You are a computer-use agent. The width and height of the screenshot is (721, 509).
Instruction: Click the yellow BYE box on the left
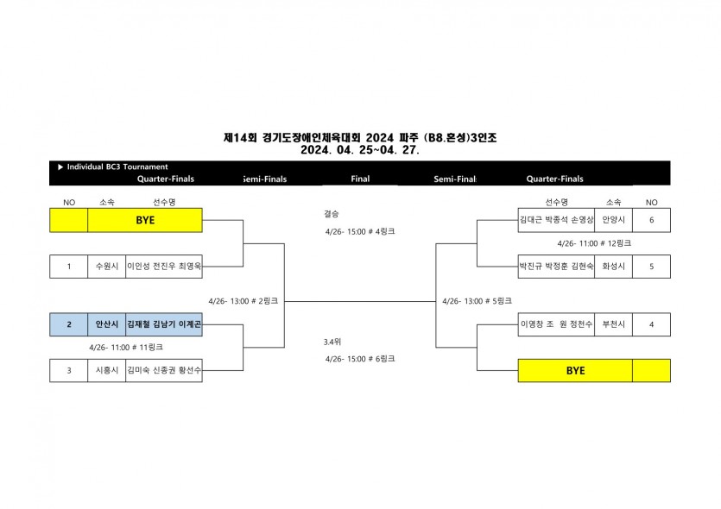(x=144, y=220)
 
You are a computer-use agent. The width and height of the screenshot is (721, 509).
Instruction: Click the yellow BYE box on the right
(x=575, y=371)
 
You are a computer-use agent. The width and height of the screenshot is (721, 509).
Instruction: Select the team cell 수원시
(x=106, y=267)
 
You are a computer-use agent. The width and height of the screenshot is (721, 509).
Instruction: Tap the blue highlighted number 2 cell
(x=69, y=324)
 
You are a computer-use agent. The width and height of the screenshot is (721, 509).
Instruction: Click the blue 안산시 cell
(x=106, y=324)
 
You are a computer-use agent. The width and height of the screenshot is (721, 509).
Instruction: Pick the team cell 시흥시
(x=106, y=371)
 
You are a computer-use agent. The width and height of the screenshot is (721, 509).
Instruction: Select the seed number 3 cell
(x=69, y=371)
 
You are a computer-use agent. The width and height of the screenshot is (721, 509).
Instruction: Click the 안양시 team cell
(x=613, y=220)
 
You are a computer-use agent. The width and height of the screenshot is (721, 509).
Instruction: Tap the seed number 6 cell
(x=651, y=220)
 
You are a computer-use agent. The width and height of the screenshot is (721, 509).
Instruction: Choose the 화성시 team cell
(x=613, y=267)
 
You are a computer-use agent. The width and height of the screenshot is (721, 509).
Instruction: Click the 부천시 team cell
(x=613, y=324)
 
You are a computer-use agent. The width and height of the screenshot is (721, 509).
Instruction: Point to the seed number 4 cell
(x=651, y=324)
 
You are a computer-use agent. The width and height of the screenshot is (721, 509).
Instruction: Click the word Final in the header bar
(x=361, y=179)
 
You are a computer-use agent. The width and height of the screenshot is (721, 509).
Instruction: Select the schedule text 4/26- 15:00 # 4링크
(x=360, y=232)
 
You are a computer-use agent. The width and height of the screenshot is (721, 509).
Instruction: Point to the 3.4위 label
(x=332, y=342)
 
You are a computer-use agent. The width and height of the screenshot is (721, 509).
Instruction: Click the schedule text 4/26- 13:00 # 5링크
(x=477, y=302)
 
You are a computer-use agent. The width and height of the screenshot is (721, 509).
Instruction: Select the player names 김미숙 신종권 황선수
(x=164, y=371)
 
